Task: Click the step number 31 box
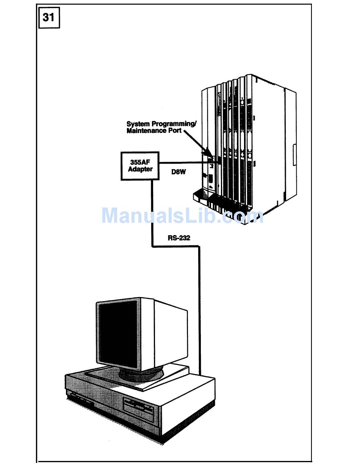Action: pos(49,17)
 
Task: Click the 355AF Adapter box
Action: pos(140,166)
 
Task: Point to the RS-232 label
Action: pos(179,238)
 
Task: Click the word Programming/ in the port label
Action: pos(174,124)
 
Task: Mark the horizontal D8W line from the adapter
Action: pos(184,163)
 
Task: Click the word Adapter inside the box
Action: pos(140,169)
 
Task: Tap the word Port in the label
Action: pos(174,131)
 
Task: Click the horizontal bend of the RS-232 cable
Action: pos(175,247)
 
